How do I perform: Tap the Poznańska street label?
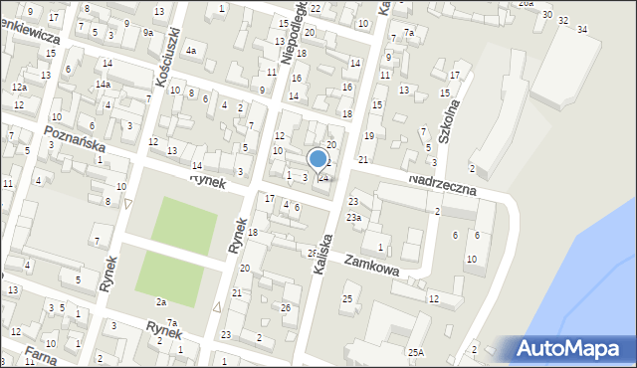coord(75,138)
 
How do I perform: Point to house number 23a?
coord(353,217)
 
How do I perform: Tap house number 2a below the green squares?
coord(161,301)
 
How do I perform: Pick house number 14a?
coord(103,85)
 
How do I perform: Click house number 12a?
coord(19,88)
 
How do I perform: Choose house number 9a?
coord(147,33)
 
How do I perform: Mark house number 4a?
coord(190,50)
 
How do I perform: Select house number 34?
coord(583,28)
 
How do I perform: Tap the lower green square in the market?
coord(168,274)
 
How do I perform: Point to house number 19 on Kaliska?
coord(368,135)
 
